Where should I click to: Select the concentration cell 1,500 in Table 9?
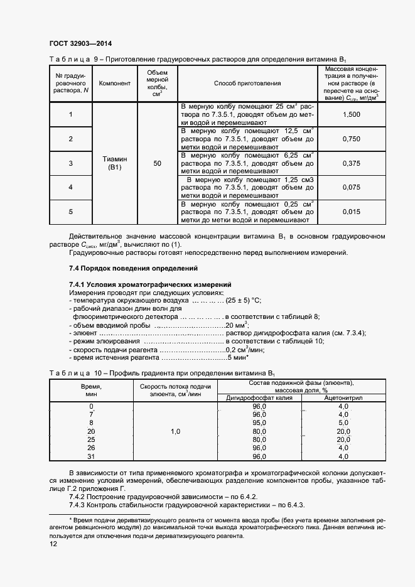(352, 114)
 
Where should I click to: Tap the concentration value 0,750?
(352, 139)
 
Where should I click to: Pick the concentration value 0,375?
(352, 163)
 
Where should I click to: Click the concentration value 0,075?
(352, 187)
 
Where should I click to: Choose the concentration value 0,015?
(352, 212)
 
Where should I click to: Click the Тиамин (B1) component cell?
(115, 163)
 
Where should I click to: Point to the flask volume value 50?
(157, 163)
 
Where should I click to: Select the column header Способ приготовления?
(247, 83)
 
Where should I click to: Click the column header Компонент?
(115, 83)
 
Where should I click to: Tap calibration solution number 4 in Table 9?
(70, 187)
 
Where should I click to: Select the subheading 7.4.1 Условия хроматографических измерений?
(150, 284)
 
